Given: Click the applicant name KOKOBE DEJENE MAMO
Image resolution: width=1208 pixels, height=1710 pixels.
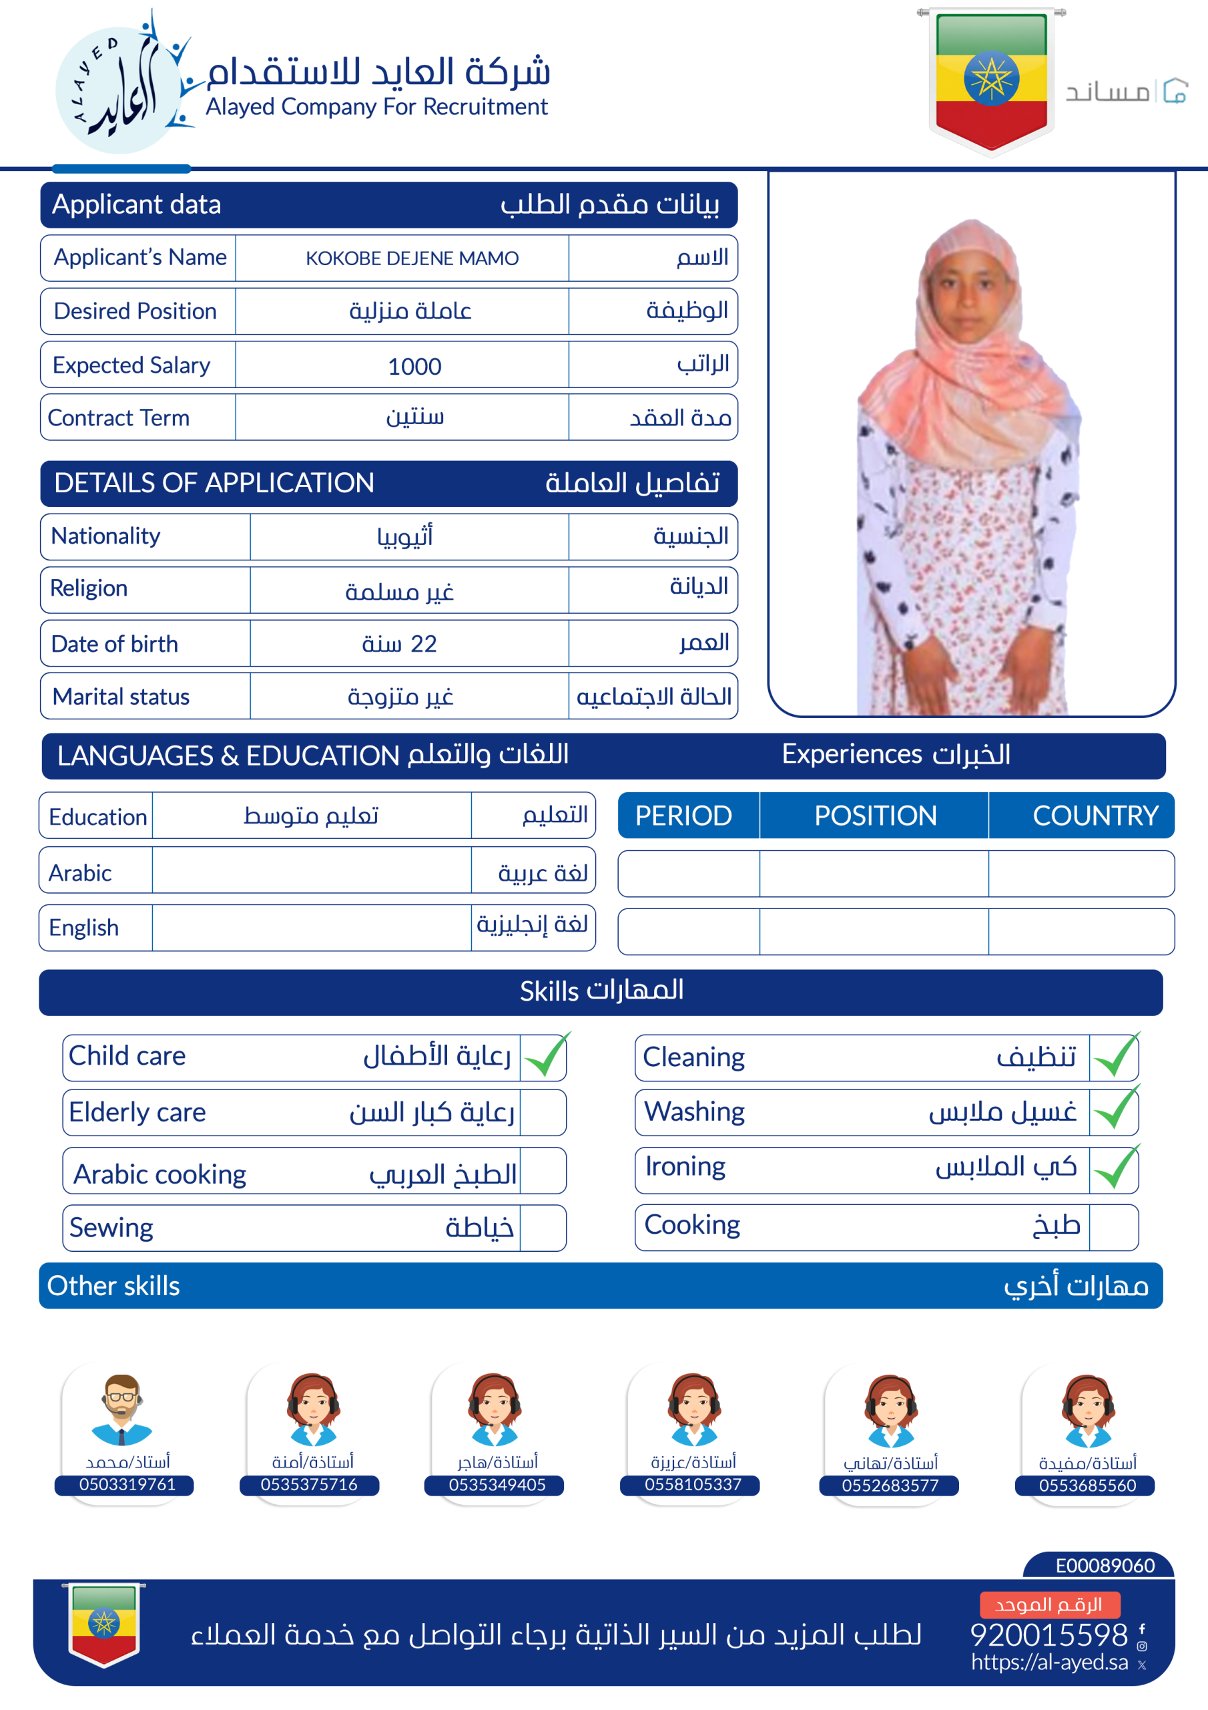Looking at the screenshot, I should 412,259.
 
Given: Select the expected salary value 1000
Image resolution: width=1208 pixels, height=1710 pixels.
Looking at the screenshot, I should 414,365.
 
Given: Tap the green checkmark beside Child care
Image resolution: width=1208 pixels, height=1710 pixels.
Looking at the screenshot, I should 545,1056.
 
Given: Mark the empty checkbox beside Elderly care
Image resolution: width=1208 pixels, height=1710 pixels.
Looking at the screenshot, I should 543,1113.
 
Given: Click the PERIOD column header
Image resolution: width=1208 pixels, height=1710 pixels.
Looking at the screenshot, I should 683,816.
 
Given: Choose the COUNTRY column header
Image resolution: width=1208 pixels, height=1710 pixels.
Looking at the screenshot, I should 1095,816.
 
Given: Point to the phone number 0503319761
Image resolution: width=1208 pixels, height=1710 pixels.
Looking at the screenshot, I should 127,1484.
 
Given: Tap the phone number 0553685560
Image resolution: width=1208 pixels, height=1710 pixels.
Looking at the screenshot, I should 1087,1485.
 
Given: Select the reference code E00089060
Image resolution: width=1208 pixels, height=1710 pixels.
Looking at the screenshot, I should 1105,1566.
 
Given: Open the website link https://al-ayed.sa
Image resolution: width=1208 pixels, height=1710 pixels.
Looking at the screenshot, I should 1048,1662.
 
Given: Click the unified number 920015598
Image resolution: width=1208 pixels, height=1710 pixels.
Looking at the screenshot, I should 1048,1635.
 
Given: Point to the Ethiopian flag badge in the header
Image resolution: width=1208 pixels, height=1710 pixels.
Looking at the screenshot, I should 991,78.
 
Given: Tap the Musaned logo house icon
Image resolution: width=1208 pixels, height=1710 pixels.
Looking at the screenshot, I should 1175,91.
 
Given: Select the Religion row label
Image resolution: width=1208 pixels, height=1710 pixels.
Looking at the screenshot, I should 89,588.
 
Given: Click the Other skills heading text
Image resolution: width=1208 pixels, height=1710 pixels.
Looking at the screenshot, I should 113,1287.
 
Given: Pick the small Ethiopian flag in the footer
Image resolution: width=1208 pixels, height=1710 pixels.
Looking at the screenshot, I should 103,1624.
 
